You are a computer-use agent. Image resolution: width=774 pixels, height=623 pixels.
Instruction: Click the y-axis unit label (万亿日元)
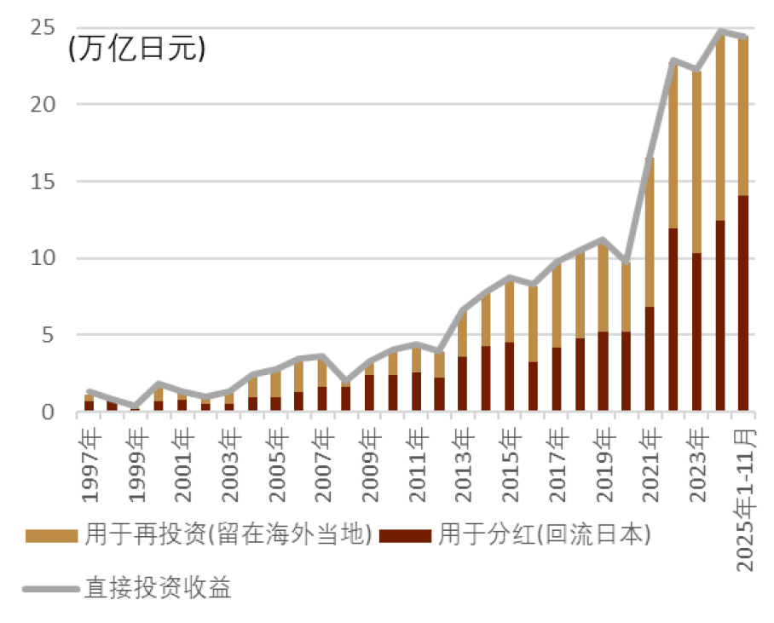pos(136,49)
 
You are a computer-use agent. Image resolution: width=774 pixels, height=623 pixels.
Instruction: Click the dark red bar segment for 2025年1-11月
pos(742,303)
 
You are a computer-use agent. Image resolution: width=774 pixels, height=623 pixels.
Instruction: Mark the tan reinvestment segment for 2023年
pos(696,162)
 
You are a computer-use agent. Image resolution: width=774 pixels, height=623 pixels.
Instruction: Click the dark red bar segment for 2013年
pos(462,384)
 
